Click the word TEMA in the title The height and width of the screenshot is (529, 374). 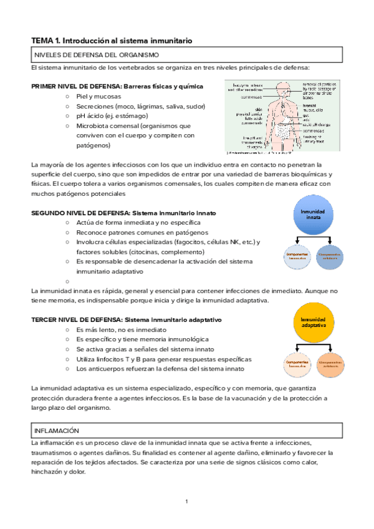(42, 41)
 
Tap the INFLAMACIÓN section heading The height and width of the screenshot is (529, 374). (57, 430)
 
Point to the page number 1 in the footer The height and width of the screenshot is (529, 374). (186, 502)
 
